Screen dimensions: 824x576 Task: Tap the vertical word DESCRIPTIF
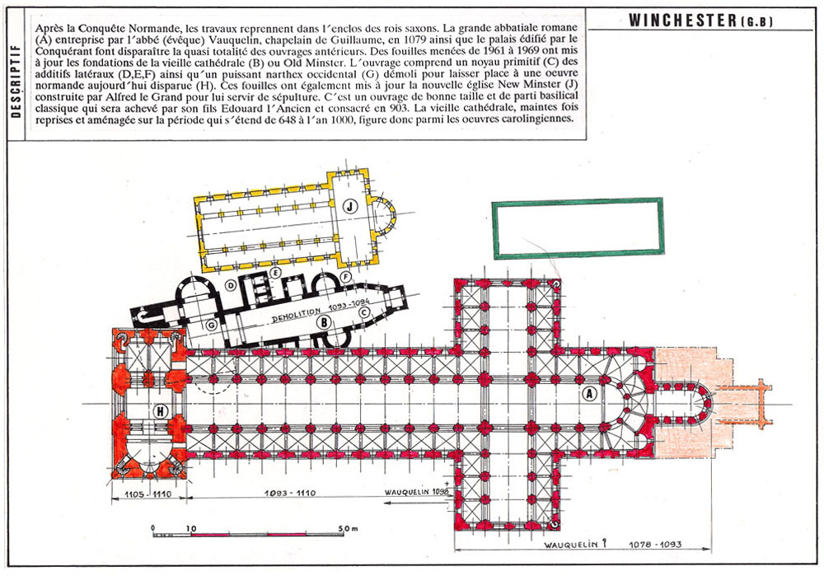(x=16, y=81)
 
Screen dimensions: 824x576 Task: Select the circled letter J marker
(x=350, y=207)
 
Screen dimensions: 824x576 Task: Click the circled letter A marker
(x=590, y=393)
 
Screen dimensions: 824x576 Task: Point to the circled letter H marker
(x=161, y=411)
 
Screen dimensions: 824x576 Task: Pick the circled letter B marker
(x=324, y=321)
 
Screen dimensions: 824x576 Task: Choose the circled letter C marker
(x=363, y=311)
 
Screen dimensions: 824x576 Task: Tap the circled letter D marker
(x=230, y=285)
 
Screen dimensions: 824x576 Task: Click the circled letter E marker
(x=274, y=272)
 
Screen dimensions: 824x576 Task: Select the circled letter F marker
(x=345, y=277)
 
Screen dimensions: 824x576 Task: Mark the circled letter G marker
(x=211, y=325)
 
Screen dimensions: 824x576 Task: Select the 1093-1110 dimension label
(x=289, y=493)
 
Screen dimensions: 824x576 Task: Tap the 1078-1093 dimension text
(x=655, y=544)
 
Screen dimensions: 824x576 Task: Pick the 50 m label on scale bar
(x=349, y=527)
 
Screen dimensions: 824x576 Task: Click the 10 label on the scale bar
(x=191, y=528)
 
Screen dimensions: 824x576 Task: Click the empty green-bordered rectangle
(x=578, y=228)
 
